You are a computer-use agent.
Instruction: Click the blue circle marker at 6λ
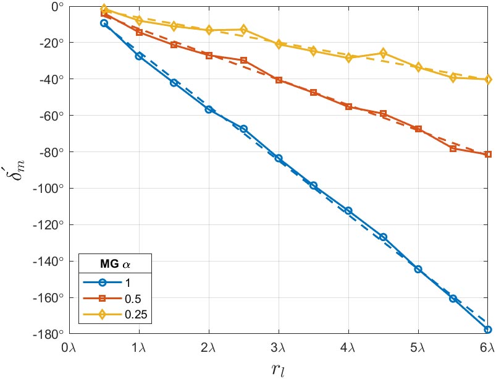click(488, 330)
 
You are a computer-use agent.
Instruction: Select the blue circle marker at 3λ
click(279, 158)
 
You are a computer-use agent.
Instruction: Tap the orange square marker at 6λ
click(488, 154)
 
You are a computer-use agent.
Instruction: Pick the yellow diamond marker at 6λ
click(488, 79)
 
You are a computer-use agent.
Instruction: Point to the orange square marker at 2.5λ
click(243, 60)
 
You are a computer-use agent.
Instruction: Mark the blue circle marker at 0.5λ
click(104, 23)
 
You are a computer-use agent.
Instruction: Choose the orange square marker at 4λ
click(348, 106)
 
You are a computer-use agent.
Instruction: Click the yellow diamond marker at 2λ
click(209, 30)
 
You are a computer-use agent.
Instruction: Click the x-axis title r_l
click(277, 369)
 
